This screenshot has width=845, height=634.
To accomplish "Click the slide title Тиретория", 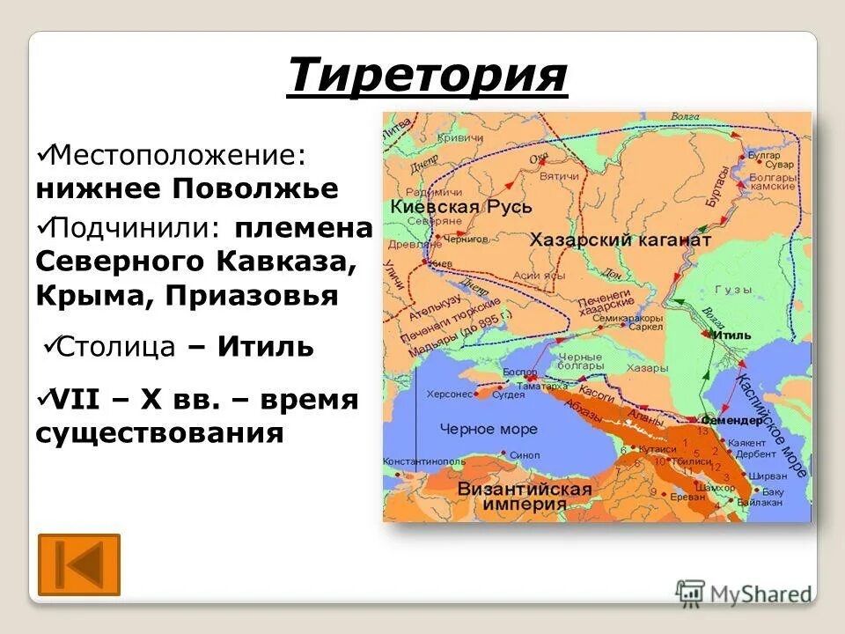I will coord(427,75).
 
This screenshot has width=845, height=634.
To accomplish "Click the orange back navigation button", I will coord(79,564).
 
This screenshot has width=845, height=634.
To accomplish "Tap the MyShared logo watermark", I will coord(744,593).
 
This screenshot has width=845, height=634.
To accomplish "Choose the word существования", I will coord(160,432).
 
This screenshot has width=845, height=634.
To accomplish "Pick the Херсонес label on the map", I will coord(449,394).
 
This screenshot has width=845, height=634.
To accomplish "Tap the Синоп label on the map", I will coord(525,455).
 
